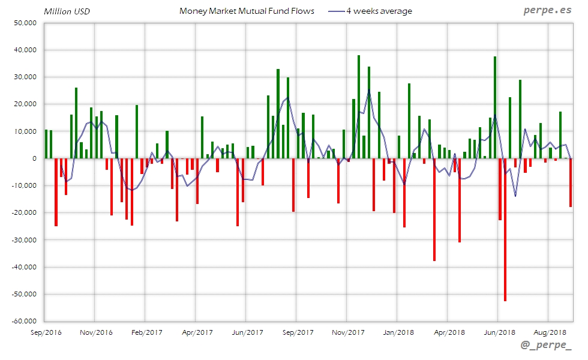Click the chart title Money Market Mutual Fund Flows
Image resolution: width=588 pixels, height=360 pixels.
(247, 11)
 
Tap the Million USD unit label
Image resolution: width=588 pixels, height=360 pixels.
(67, 11)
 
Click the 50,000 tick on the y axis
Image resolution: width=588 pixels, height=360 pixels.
(25, 23)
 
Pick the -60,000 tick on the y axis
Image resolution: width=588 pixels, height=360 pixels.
(24, 321)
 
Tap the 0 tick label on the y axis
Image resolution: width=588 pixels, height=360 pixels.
(35, 158)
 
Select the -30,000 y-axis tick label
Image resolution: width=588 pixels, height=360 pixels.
(24, 240)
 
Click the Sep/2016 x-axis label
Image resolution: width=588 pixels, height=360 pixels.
(46, 332)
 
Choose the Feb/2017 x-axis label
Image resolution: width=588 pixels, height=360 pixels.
(146, 332)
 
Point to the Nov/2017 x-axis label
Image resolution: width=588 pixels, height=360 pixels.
(348, 332)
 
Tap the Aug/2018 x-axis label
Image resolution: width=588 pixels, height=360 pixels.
(550, 332)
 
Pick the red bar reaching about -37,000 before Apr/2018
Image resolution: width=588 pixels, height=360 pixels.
(434, 210)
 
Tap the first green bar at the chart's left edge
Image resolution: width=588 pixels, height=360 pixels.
(46, 144)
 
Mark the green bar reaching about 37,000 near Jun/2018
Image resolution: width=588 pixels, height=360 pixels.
(495, 108)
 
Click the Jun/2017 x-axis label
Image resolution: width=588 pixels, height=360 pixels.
(247, 332)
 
